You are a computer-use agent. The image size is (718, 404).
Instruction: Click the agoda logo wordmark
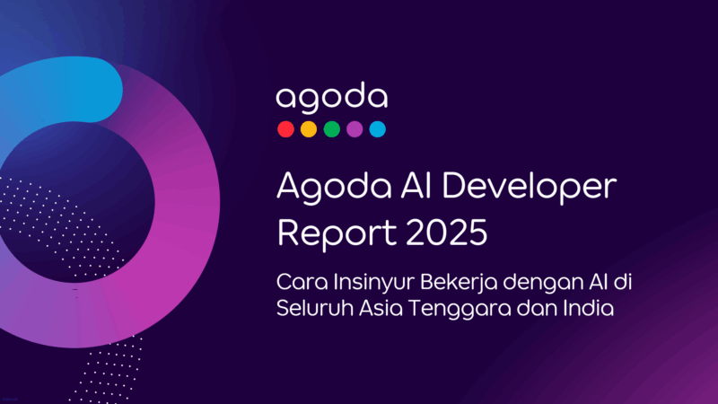click(x=331, y=98)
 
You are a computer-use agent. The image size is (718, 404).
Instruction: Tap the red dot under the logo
click(x=285, y=129)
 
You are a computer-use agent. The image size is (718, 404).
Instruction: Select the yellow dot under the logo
click(x=309, y=129)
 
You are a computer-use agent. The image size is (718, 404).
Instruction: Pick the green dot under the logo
click(x=332, y=129)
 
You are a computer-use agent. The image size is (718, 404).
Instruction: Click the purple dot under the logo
click(x=355, y=129)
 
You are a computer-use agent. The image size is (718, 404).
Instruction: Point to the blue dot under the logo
click(x=378, y=129)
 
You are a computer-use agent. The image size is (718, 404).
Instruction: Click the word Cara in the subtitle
click(x=302, y=284)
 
